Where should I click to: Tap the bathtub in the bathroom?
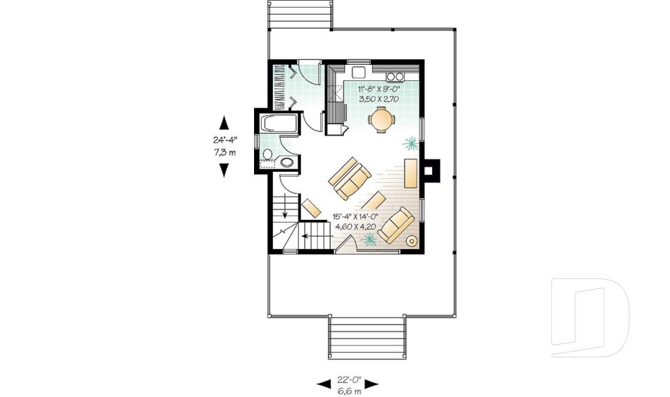(x=278, y=124)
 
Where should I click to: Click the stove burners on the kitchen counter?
(x=395, y=76)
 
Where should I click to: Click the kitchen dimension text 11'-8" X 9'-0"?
(x=379, y=89)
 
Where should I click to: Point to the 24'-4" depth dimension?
(x=224, y=140)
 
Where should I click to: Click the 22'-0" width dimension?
(x=347, y=380)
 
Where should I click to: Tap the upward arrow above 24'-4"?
(x=224, y=123)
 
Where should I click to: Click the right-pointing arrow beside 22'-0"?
(x=371, y=384)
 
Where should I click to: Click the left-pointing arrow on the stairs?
(x=307, y=236)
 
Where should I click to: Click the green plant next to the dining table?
(x=410, y=144)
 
